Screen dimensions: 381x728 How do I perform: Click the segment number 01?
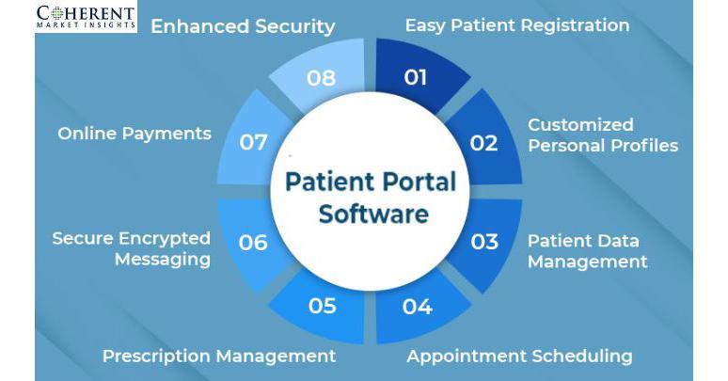[x=416, y=77]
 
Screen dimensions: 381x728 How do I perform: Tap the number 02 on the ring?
[x=483, y=143]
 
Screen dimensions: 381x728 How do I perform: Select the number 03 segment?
[x=484, y=242]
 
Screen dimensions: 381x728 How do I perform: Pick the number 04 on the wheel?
[x=417, y=307]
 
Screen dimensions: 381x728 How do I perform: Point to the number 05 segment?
[x=322, y=307]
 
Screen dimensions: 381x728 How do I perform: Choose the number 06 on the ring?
[x=253, y=242]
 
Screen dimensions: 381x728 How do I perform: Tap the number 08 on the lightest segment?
[x=321, y=77]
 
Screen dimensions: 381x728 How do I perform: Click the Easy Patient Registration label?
[x=517, y=25]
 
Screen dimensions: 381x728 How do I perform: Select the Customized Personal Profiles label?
[x=602, y=135]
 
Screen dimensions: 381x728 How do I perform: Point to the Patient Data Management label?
[x=587, y=250]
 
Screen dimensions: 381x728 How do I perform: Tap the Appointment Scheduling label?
[x=519, y=356]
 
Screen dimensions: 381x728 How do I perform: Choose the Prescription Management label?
[x=219, y=356]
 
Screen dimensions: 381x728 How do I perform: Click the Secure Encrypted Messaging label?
[x=132, y=248]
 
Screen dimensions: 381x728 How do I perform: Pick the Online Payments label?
[x=135, y=134]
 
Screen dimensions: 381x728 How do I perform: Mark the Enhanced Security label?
[x=243, y=26]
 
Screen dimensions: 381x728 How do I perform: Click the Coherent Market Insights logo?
[x=86, y=16]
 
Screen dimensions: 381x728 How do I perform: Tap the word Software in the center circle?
[x=373, y=213]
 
